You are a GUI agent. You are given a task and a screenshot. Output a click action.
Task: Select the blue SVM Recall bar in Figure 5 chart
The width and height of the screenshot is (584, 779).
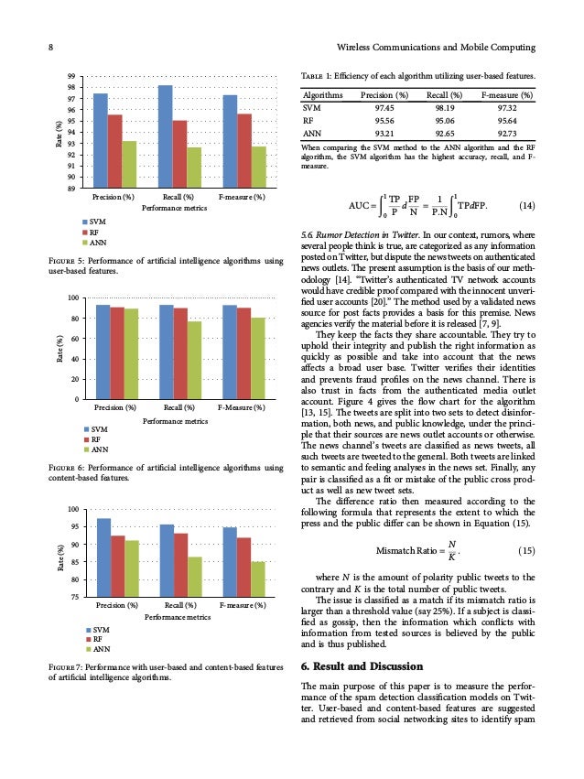(x=166, y=136)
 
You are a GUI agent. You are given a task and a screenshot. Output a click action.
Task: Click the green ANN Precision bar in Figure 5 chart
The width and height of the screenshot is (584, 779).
(x=129, y=165)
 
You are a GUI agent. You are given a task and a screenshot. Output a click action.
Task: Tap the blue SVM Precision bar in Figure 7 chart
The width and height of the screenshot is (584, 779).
(x=103, y=557)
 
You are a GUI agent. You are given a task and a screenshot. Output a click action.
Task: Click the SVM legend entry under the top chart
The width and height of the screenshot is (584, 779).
(x=95, y=222)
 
